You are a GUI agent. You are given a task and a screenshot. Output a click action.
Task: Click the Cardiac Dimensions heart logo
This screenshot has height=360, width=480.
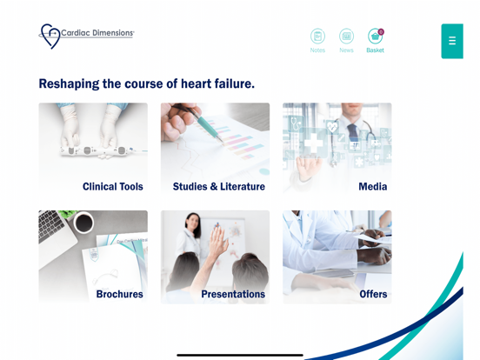point(50,37)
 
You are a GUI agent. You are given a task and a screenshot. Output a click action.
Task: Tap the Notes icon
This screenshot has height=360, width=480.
point(317,37)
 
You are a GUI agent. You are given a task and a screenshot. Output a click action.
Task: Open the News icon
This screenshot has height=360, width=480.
point(346,37)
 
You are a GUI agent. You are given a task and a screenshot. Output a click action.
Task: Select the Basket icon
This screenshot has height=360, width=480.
point(375,37)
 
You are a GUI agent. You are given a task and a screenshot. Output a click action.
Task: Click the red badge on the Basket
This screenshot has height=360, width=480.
point(381,31)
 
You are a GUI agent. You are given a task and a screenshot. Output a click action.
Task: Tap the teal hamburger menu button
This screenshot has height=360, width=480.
point(451,41)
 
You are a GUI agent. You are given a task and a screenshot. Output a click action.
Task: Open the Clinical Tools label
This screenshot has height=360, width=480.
point(113,186)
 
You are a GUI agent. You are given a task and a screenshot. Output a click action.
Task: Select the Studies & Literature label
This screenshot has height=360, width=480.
point(218,186)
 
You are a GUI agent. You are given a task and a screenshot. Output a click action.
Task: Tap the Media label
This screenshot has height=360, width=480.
point(372,186)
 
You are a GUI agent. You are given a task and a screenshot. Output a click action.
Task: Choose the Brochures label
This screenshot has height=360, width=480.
point(119,294)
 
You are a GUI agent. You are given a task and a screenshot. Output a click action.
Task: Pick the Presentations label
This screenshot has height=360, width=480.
point(233,294)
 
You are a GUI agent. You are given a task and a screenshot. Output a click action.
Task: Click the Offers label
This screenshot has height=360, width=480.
point(373,294)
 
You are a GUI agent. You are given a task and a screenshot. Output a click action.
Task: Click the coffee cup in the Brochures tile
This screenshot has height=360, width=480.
point(84,223)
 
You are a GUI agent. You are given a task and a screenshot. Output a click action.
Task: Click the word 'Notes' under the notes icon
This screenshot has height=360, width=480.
point(317,50)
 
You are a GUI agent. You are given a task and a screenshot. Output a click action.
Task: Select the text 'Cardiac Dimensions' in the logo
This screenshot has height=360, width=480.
point(97,33)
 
